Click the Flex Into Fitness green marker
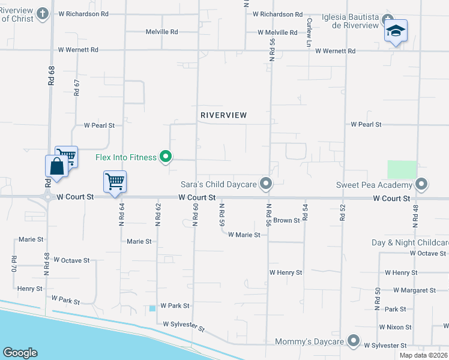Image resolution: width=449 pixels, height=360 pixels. [x=167, y=157]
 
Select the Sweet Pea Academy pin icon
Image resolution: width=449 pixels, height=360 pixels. [x=421, y=184]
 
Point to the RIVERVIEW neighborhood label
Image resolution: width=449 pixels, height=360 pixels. [x=223, y=115]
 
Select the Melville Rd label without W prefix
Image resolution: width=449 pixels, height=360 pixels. [x=161, y=32]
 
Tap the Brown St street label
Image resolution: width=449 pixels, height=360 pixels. [x=286, y=221]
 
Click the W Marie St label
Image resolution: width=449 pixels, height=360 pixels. [x=244, y=235]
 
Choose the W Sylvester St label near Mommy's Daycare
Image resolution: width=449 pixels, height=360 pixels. [x=387, y=346]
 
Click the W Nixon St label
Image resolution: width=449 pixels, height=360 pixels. [x=395, y=327]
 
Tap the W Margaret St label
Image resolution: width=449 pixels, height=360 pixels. [x=414, y=290]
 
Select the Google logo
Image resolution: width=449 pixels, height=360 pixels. [x=20, y=353]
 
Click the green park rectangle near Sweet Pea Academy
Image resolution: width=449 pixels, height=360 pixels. [x=402, y=169]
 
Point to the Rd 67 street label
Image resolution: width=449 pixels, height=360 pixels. [x=77, y=88]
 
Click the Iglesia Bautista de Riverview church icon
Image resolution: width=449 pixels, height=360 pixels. [x=388, y=19]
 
